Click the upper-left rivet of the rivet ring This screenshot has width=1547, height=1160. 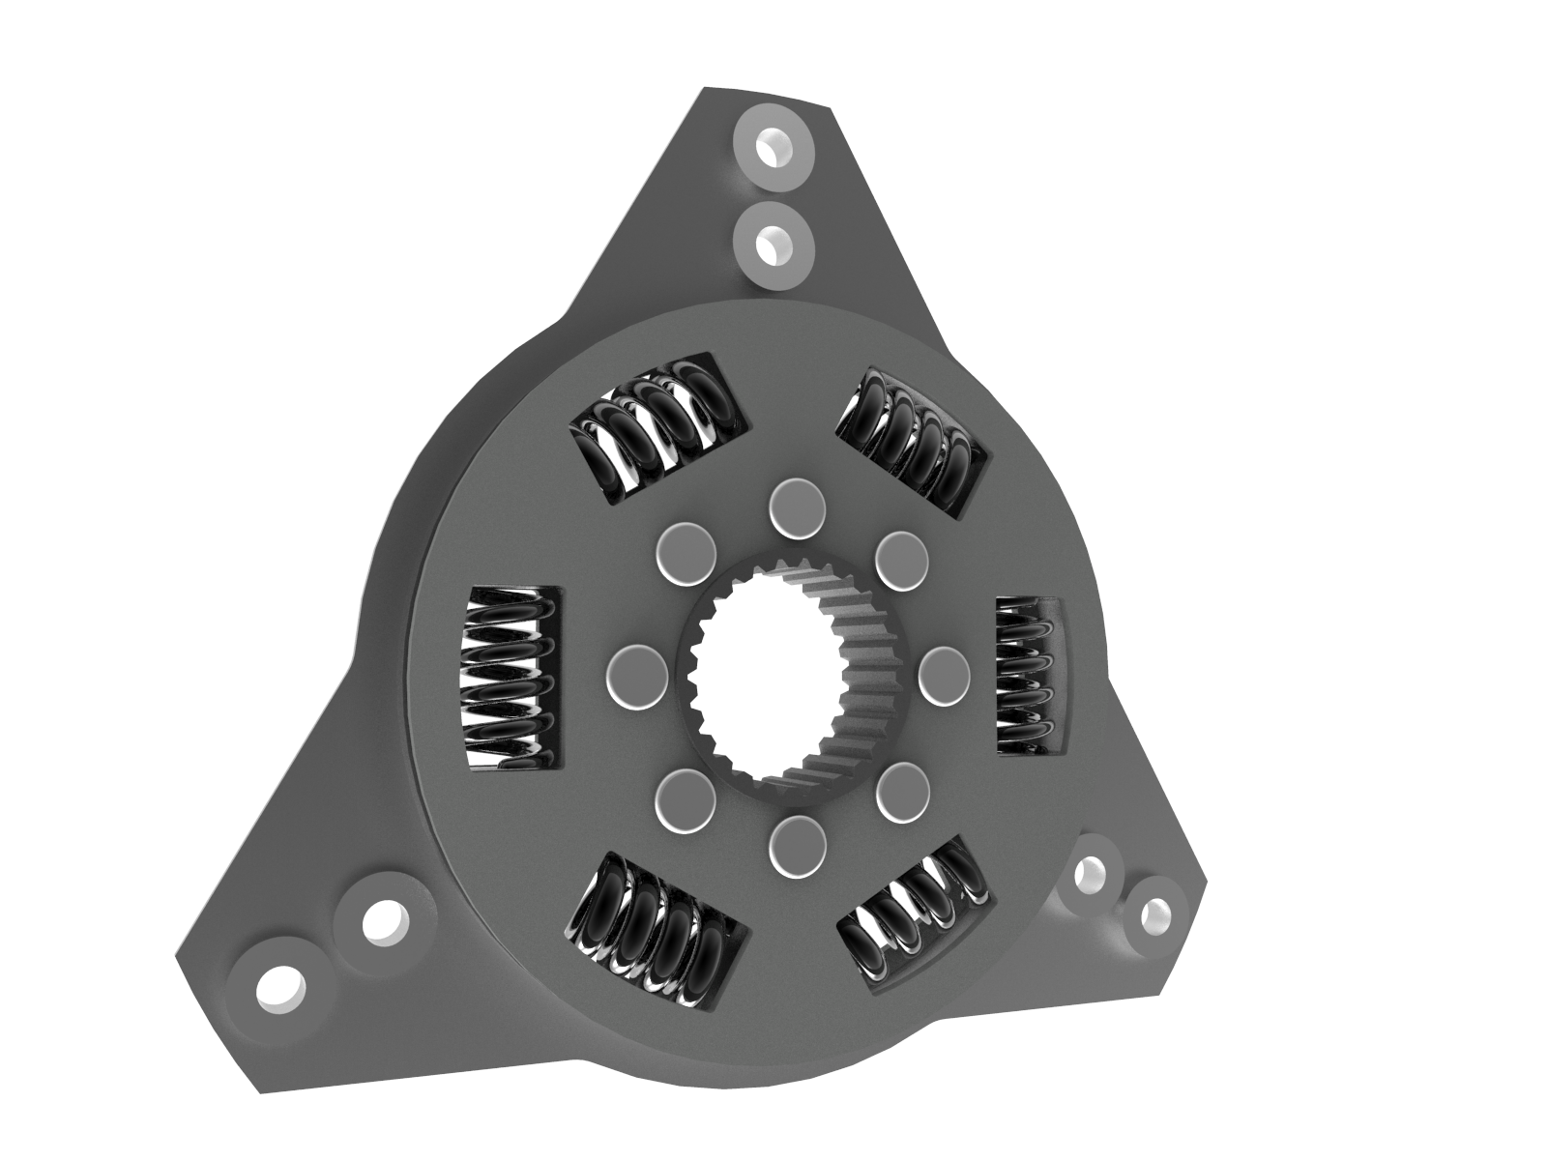point(685,552)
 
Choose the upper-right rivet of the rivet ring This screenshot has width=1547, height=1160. point(901,560)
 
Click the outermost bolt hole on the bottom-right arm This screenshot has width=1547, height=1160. point(1154,913)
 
